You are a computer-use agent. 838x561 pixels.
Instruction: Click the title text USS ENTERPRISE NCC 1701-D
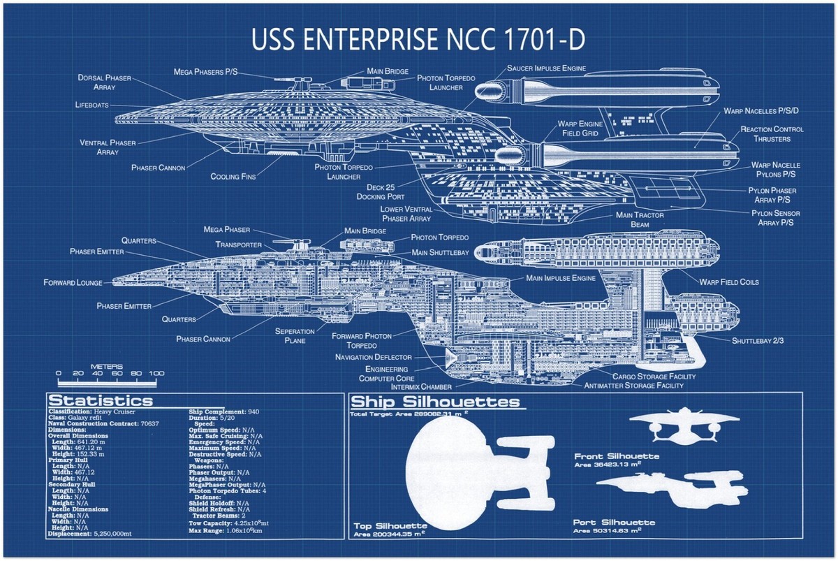click(418, 41)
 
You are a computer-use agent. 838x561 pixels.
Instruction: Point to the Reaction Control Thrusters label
click(772, 134)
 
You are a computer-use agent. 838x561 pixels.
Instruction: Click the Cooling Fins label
click(233, 177)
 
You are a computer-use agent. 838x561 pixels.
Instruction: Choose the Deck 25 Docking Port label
click(385, 192)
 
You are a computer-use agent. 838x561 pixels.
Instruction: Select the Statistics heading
click(100, 401)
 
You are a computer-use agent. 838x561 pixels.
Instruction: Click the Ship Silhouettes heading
click(434, 402)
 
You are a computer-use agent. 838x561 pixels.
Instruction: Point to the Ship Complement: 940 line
click(223, 411)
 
